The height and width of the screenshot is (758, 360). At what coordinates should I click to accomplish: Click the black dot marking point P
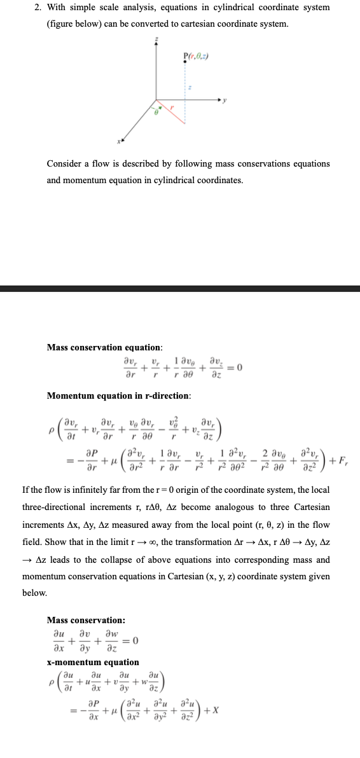[185, 62]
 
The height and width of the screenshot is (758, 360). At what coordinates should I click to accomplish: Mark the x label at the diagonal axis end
[119, 141]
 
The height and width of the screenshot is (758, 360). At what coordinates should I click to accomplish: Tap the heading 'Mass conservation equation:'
[104, 347]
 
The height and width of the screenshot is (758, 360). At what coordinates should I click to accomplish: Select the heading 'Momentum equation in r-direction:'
[119, 396]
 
